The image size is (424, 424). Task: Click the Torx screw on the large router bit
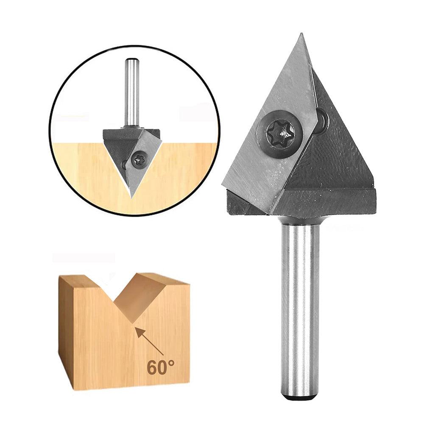click(x=281, y=134)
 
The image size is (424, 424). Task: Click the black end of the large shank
click(x=299, y=397)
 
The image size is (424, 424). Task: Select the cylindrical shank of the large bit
click(x=300, y=305)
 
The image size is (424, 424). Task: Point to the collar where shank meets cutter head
click(x=301, y=220)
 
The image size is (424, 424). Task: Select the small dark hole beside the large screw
click(x=322, y=120)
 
